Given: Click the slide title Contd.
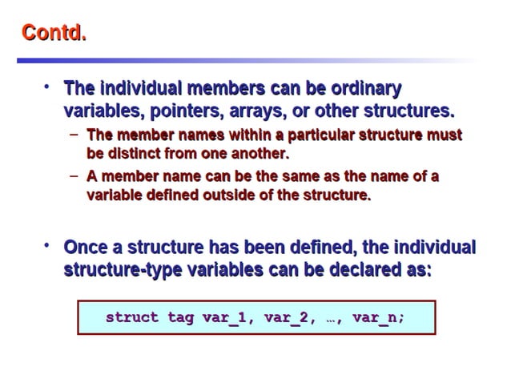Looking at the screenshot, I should [x=54, y=34].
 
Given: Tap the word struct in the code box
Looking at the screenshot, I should [x=132, y=318].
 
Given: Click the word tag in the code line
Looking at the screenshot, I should [x=180, y=318].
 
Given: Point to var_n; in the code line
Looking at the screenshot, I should [x=378, y=318].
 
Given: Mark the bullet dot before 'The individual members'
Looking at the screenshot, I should [x=48, y=86].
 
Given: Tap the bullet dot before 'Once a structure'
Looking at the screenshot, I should [x=48, y=245].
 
